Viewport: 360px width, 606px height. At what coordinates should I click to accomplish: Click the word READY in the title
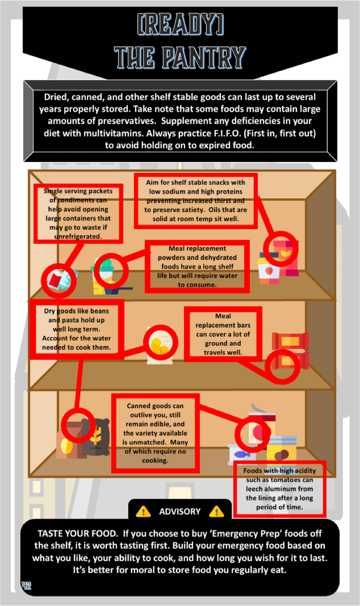tap(180, 24)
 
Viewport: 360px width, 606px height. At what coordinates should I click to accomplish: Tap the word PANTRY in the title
tap(204, 57)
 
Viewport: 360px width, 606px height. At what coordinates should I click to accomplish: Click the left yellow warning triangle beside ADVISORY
tap(143, 511)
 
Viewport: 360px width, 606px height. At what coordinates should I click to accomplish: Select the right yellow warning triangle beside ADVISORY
tap(217, 511)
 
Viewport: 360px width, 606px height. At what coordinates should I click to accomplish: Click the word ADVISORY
tap(180, 512)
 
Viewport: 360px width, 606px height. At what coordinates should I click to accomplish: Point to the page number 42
tap(26, 586)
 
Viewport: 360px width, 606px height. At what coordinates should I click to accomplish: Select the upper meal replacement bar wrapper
tap(290, 341)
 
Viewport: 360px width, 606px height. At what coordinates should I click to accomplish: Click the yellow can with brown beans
tap(281, 450)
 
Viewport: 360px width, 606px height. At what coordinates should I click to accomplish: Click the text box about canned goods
tap(156, 433)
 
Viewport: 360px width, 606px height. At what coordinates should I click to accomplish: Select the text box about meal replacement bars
tap(223, 334)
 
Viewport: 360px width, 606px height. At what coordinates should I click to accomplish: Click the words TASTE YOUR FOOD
tap(78, 534)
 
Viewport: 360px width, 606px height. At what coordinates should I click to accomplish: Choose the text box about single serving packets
tap(79, 214)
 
